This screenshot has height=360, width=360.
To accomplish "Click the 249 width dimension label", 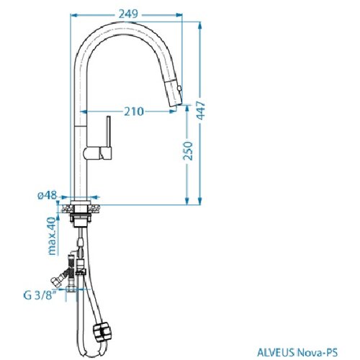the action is pos(128,14).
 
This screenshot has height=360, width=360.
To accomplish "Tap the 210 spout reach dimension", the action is pos(134,112).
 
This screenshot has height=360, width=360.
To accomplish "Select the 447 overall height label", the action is pos(201,110).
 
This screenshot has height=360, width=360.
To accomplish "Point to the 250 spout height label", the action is pos(188,151).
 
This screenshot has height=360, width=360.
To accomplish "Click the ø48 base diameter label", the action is pos(48,195).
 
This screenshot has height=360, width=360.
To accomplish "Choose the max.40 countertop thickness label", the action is pos(52,236).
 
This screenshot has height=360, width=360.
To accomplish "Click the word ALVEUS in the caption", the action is pos(276,353).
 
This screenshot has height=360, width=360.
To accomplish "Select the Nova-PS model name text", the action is pos(318,353).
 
